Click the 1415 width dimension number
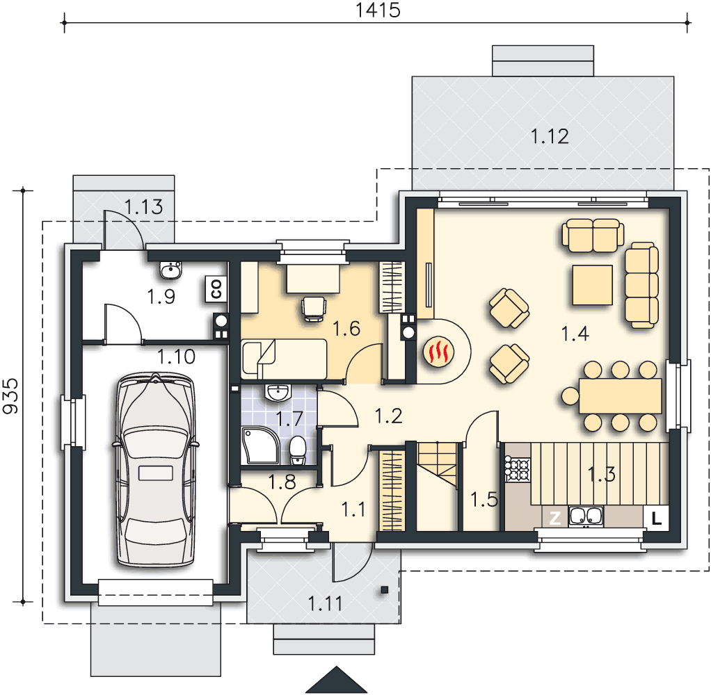pyautogui.click(x=378, y=10)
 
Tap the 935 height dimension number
pyautogui.click(x=11, y=396)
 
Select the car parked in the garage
pyautogui.click(x=156, y=469)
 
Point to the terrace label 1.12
pyautogui.click(x=550, y=136)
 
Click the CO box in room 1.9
pyautogui.click(x=216, y=289)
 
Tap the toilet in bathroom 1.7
pyautogui.click(x=298, y=450)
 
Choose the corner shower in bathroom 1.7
pyautogui.click(x=260, y=445)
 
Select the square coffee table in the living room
pyautogui.click(x=592, y=285)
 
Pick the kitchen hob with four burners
pyautogui.click(x=518, y=469)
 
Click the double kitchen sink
pyautogui.click(x=586, y=517)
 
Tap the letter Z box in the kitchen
pyautogui.click(x=555, y=518)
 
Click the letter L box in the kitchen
pyautogui.click(x=655, y=518)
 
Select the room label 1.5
pyautogui.click(x=484, y=500)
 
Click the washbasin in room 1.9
pyautogui.click(x=171, y=270)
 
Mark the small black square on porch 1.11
pyautogui.click(x=385, y=589)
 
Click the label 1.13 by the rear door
pyautogui.click(x=144, y=207)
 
